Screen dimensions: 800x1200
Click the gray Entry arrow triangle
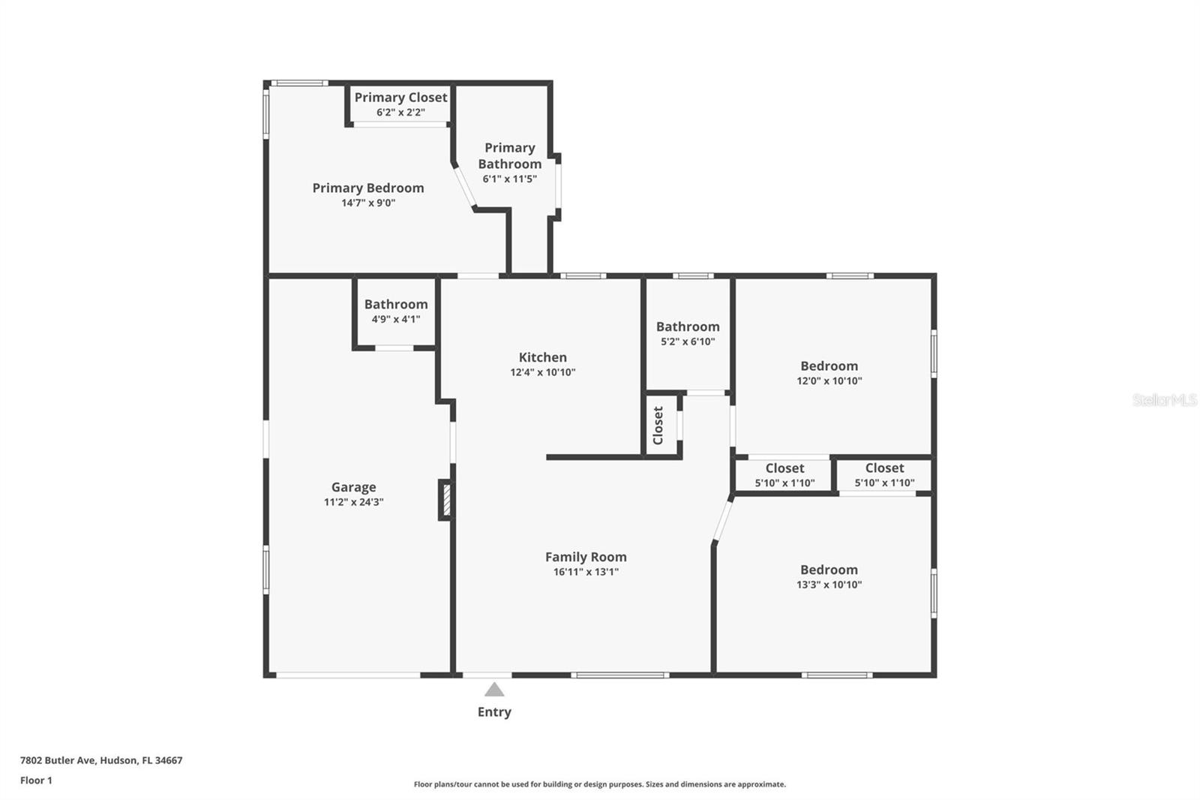pos(494,690)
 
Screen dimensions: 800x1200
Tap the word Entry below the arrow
pos(494,712)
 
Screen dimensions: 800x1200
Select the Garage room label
pos(353,487)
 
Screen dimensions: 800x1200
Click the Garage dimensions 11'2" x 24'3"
pos(353,502)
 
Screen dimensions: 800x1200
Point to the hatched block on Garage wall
pos(445,500)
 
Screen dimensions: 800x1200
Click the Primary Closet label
pos(400,98)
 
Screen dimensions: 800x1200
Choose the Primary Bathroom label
pos(509,156)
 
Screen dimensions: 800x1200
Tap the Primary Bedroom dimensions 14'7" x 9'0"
pos(367,203)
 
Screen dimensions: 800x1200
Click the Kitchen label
pos(542,357)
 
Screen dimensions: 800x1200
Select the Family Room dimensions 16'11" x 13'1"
pos(585,572)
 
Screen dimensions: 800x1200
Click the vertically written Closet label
pos(658,426)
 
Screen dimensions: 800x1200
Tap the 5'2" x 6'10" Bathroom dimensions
pos(687,341)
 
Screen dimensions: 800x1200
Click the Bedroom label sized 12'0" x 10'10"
pos(829,366)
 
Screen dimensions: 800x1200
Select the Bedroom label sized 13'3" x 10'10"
pos(829,570)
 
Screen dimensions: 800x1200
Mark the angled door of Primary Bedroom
pos(464,187)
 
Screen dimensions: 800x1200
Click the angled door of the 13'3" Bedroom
pos(722,520)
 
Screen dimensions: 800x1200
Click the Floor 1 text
pos(36,780)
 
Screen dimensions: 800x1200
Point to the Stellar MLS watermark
pos(1164,400)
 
